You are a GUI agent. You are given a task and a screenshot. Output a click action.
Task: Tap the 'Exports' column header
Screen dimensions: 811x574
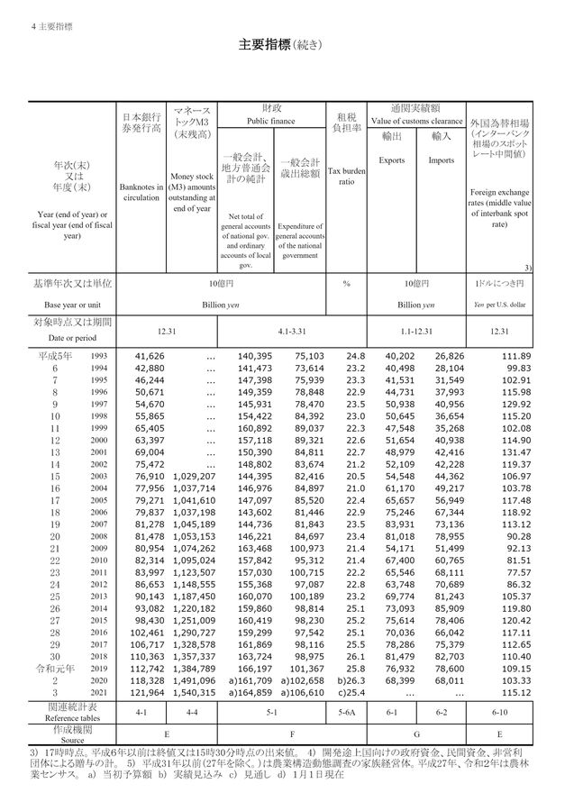point(391,160)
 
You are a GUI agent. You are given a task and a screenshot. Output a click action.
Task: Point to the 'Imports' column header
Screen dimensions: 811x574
point(441,160)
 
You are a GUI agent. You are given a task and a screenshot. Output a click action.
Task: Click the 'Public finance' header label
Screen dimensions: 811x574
point(271,120)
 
